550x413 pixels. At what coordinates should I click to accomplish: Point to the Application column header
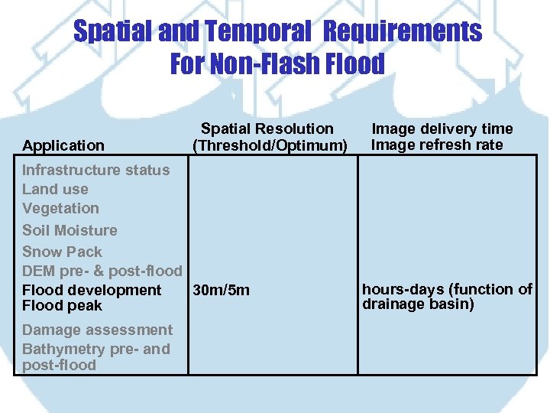pos(63,145)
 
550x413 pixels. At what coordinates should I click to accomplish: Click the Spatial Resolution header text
pos(267,128)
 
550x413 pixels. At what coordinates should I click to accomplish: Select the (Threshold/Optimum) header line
pos(270,145)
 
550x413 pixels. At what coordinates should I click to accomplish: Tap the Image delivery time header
pos(442,128)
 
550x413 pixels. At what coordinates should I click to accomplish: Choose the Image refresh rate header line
pos(437,145)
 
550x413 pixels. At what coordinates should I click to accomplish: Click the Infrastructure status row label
pos(95,170)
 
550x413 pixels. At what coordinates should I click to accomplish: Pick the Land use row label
pos(55,189)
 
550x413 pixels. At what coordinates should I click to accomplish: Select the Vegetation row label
pos(60,208)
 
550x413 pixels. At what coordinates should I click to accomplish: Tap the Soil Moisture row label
pos(70,230)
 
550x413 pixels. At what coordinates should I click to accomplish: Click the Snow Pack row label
pos(62,252)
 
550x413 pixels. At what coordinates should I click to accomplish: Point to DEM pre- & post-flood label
pos(102,271)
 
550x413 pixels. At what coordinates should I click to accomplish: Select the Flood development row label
pos(92,290)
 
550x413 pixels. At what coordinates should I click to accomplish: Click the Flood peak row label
pos(62,306)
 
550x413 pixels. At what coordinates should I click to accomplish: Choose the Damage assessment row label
pos(97,330)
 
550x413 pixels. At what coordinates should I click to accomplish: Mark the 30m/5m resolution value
pos(221,290)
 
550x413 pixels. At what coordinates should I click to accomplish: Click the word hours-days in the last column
pos(402,289)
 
